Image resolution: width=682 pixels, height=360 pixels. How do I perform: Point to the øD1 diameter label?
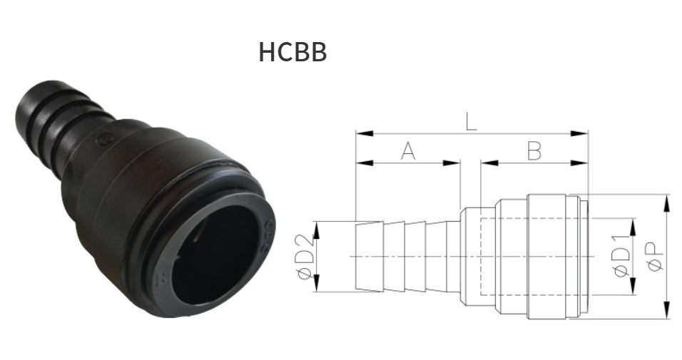[x=620, y=257]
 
